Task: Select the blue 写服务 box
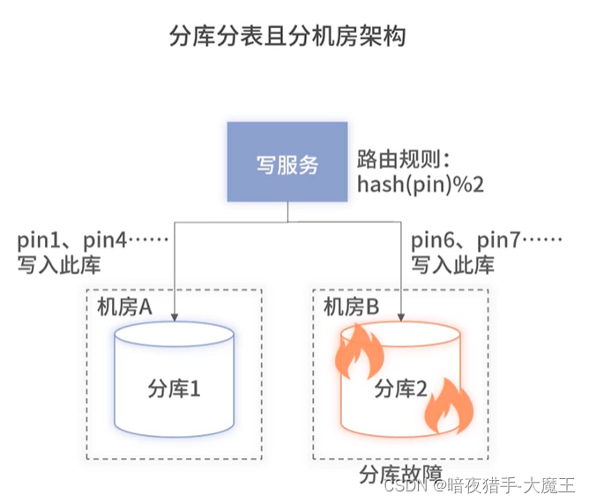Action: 287,164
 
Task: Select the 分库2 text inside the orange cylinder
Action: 402,388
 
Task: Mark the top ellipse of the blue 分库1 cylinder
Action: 175,336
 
